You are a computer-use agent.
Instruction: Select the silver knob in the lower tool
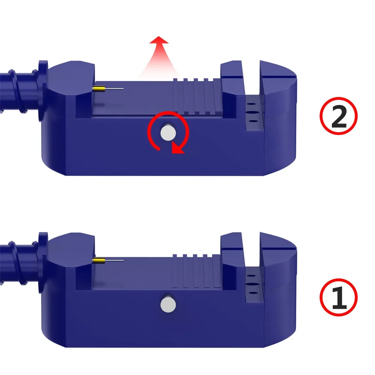click(x=167, y=303)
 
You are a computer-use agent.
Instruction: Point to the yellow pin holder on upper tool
click(x=99, y=88)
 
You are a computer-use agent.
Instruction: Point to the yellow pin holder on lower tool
click(x=99, y=261)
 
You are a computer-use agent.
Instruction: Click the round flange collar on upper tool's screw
click(x=42, y=73)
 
